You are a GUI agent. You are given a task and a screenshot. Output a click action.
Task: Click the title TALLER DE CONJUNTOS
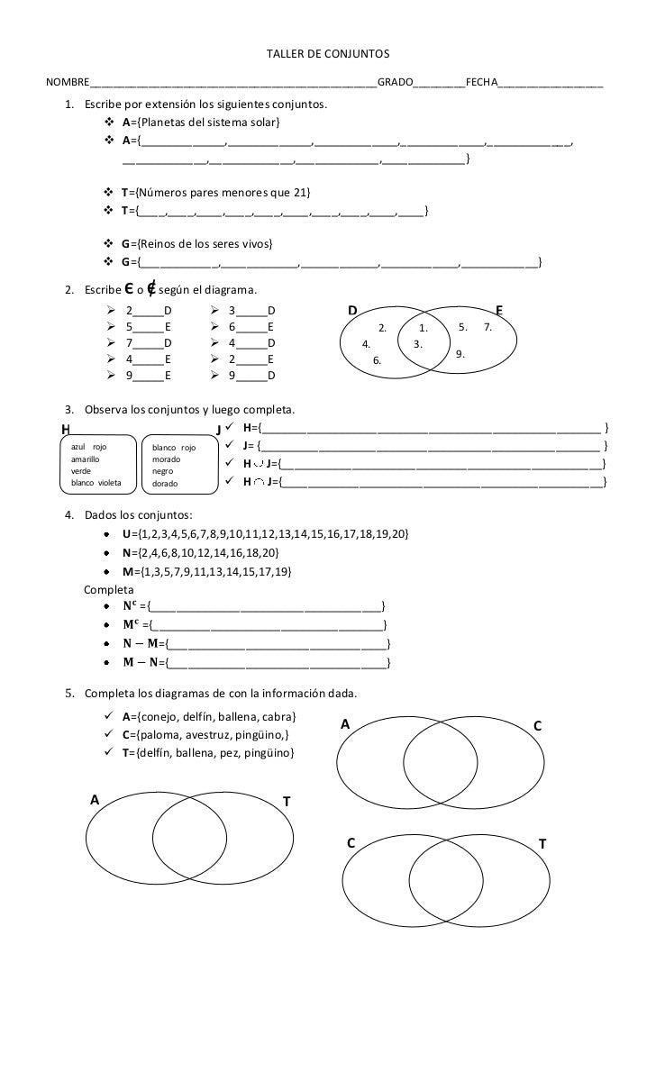coord(327,56)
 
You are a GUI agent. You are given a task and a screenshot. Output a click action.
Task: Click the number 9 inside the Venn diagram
coord(460,354)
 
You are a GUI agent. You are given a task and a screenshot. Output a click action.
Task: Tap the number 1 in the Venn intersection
coord(422,328)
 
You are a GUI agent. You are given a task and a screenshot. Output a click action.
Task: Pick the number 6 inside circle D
coord(378,360)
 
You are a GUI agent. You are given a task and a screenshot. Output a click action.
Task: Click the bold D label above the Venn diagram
coord(353,312)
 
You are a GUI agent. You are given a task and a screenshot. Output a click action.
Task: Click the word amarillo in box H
coord(87,459)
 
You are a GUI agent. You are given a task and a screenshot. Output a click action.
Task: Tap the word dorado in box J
coord(166,484)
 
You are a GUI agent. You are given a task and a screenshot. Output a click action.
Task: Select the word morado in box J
coord(167,459)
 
